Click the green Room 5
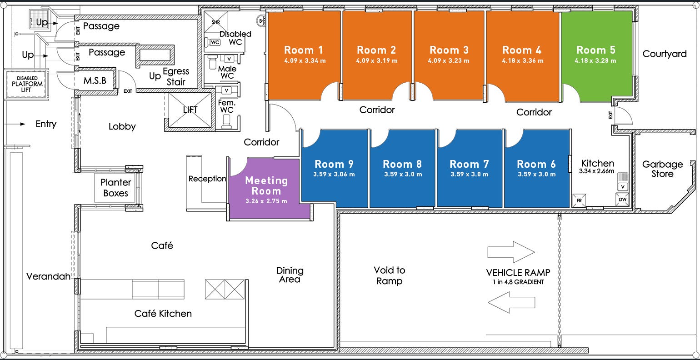[x=596, y=56]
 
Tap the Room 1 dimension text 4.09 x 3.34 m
[x=305, y=60]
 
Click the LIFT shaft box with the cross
[x=190, y=110]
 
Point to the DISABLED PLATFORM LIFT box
[x=26, y=84]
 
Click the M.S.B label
[x=95, y=80]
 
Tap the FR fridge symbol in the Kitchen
[x=579, y=200]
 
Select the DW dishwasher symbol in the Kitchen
[x=622, y=200]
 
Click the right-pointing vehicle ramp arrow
[x=511, y=252]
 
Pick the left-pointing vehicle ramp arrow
[x=511, y=302]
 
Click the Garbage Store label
[x=663, y=169]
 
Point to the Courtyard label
[x=665, y=54]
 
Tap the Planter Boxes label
[x=115, y=187]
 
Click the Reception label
[x=207, y=179]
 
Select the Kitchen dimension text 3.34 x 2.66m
[x=596, y=171]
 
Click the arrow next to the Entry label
[x=15, y=124]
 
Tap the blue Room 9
[x=334, y=169]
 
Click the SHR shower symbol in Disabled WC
[x=216, y=22]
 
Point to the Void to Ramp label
[x=390, y=275]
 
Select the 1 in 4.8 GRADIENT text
[x=519, y=282]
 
